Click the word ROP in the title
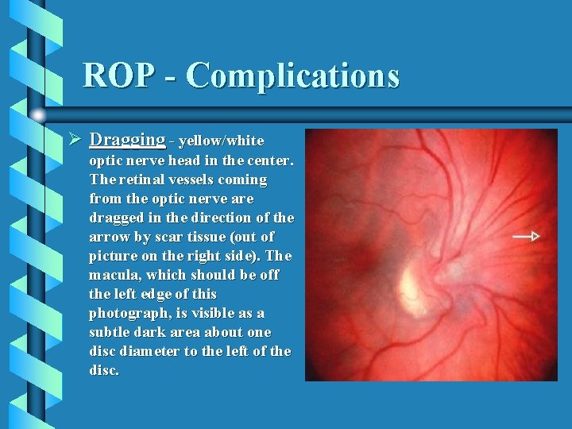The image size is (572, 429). pyautogui.click(x=116, y=75)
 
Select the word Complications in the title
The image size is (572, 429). pyautogui.click(x=293, y=75)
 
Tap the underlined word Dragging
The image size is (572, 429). pyautogui.click(x=127, y=140)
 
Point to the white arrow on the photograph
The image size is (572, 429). pyautogui.click(x=526, y=236)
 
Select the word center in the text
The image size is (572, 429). pyautogui.click(x=271, y=160)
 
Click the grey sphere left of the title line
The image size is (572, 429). pyautogui.click(x=38, y=114)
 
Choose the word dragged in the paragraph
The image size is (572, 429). pyautogui.click(x=116, y=218)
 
